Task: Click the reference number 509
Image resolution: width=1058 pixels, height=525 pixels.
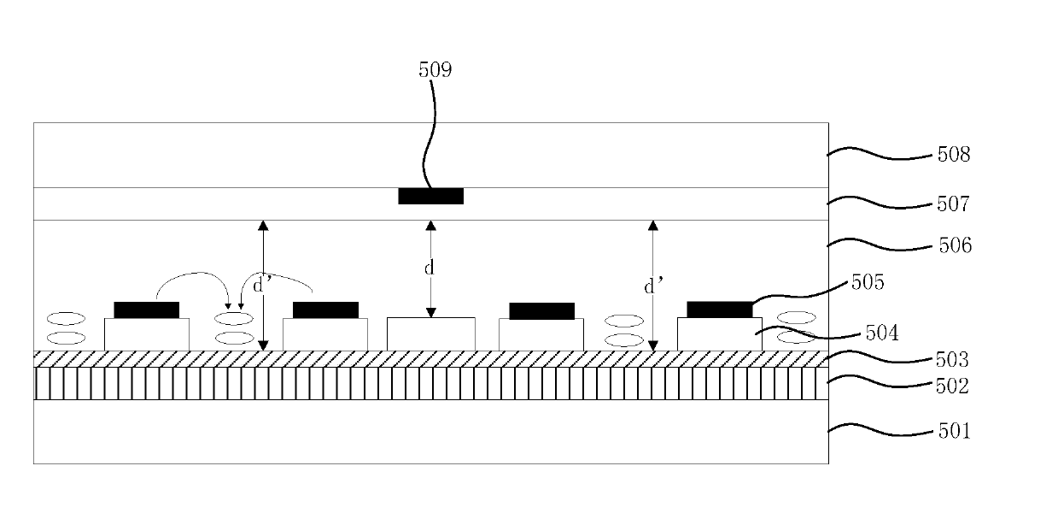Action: (x=435, y=70)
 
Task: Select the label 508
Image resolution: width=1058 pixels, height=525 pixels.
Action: (x=954, y=155)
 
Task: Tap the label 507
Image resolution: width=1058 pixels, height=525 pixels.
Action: (x=953, y=204)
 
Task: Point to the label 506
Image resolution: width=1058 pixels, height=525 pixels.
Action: (x=955, y=245)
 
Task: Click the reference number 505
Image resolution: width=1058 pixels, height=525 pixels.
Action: (x=868, y=282)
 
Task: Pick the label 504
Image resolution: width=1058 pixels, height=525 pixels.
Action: (x=882, y=333)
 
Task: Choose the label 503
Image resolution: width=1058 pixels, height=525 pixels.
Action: (x=952, y=360)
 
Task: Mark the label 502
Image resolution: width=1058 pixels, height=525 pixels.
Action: (x=952, y=386)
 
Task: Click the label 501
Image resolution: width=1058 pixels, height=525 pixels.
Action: (x=954, y=431)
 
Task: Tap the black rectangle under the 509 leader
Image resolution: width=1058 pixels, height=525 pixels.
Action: (x=430, y=197)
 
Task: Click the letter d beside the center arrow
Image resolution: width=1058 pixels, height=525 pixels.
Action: (x=429, y=268)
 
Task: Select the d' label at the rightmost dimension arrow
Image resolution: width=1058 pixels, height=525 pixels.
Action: (x=654, y=286)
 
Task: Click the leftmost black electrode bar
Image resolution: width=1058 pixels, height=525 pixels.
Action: (x=146, y=310)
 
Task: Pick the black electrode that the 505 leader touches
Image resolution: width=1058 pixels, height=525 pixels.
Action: (x=719, y=310)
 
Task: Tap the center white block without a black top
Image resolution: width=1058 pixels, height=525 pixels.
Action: (x=430, y=334)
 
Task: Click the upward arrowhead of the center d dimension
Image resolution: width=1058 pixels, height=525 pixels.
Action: (x=430, y=225)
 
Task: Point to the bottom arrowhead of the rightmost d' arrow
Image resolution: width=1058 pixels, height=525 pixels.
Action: (x=653, y=345)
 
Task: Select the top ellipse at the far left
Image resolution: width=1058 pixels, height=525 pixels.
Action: (x=66, y=319)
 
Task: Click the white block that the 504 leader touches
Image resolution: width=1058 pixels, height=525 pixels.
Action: (x=719, y=334)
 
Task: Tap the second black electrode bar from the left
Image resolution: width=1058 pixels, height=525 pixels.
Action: (x=325, y=310)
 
